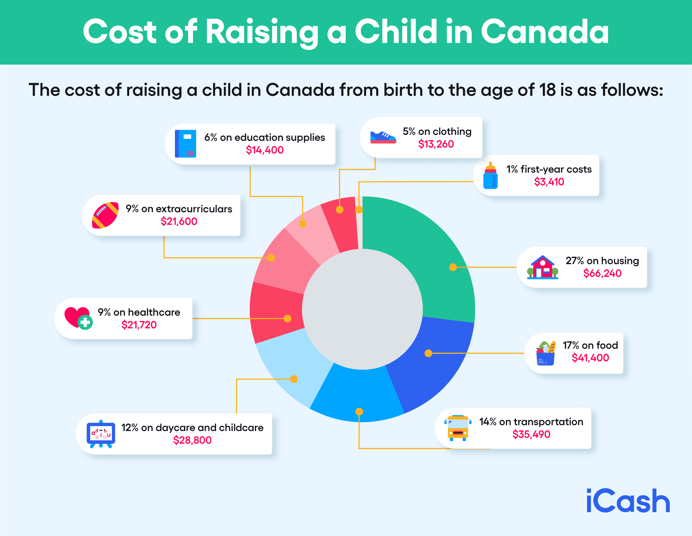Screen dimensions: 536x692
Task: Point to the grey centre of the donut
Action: click(x=362, y=309)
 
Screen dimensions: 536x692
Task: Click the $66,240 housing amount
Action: click(x=602, y=273)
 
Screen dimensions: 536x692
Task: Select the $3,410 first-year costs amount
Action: click(x=549, y=182)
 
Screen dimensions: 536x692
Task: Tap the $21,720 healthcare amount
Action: click(x=139, y=325)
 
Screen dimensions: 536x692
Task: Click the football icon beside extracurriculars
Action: click(x=105, y=215)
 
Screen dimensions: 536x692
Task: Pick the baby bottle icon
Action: click(x=490, y=176)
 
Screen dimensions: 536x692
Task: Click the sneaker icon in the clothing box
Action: click(x=383, y=137)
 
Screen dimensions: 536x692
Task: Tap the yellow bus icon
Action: click(x=458, y=428)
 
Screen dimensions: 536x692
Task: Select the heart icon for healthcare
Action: click(x=78, y=318)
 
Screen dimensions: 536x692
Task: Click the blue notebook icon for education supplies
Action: click(x=186, y=144)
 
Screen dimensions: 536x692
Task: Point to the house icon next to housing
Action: click(x=542, y=267)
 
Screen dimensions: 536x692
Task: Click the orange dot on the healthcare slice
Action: click(x=287, y=318)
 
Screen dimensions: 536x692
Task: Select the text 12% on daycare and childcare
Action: click(x=192, y=428)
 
